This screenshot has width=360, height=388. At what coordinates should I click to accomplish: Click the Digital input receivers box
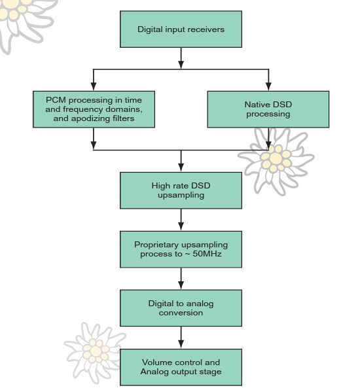point(181,29)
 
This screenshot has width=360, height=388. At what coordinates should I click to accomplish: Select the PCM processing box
point(94,109)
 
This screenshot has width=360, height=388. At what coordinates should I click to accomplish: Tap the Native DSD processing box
point(268,109)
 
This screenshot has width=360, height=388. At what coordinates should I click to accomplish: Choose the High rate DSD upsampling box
point(181,190)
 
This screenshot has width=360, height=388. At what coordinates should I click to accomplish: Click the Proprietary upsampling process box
point(181,249)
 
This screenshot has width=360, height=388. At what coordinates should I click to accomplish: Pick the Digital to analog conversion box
point(181,308)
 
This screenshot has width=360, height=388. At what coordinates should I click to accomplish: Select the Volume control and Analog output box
point(181,367)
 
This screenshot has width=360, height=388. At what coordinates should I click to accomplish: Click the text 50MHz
point(207,254)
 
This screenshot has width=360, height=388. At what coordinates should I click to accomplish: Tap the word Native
point(257,105)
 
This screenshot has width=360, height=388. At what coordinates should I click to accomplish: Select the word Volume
point(154,362)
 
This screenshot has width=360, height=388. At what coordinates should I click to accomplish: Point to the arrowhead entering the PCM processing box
point(94,86)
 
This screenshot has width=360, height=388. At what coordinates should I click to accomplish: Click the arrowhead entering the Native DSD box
point(268,86)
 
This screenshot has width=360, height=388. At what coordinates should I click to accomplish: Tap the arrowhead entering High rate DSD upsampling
point(181,168)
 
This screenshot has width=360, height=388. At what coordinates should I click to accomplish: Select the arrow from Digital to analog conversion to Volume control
point(181,338)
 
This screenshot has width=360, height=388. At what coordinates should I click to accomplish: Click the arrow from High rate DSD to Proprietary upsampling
point(181,220)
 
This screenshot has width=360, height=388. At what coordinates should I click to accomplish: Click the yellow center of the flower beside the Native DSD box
point(276,158)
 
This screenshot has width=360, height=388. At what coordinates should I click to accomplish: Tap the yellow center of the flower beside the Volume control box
point(96,351)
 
